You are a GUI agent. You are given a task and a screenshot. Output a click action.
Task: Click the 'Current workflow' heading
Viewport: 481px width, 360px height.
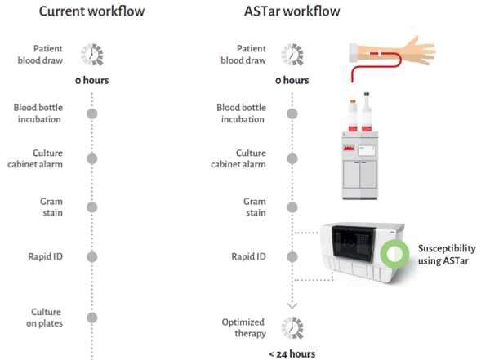click(91, 11)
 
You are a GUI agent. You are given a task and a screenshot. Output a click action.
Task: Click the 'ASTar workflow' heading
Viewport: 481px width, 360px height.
click(292, 11)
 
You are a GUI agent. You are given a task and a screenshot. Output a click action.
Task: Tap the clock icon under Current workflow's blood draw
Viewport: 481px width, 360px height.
click(92, 55)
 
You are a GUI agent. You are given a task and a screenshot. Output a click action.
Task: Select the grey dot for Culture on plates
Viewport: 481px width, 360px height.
click(92, 318)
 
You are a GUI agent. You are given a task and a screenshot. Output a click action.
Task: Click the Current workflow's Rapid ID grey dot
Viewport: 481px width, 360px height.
click(92, 256)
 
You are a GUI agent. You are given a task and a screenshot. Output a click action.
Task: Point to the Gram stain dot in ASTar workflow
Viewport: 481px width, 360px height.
click(292, 207)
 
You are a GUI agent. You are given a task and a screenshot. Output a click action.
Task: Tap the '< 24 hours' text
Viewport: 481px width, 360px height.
click(292, 354)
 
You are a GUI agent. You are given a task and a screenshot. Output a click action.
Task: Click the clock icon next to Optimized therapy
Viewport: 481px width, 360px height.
click(292, 328)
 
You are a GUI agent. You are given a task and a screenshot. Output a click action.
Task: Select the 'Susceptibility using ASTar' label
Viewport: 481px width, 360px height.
click(447, 254)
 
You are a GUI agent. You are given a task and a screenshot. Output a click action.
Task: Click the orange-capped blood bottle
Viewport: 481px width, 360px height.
click(353, 116)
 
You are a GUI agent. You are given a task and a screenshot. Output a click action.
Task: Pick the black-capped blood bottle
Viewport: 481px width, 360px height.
click(367, 112)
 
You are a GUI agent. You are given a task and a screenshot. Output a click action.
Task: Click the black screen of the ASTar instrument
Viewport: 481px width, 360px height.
click(354, 243)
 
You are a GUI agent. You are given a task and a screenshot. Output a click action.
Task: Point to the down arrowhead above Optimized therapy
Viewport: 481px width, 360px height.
click(292, 306)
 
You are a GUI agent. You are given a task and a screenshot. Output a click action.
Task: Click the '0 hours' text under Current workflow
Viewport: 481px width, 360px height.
click(91, 80)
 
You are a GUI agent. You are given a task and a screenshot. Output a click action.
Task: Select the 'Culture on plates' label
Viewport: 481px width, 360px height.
click(44, 318)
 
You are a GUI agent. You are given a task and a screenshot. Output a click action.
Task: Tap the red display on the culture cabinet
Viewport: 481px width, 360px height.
click(349, 149)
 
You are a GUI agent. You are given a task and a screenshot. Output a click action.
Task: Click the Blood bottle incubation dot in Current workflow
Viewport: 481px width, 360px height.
click(92, 113)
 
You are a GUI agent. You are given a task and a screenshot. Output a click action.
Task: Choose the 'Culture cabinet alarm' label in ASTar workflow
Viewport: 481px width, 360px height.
click(238, 158)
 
